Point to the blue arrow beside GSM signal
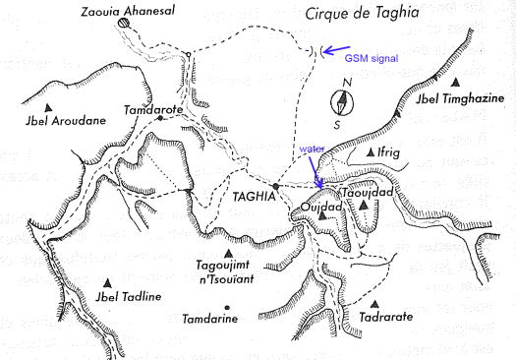(x=339, y=49)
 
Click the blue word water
(x=312, y=150)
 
